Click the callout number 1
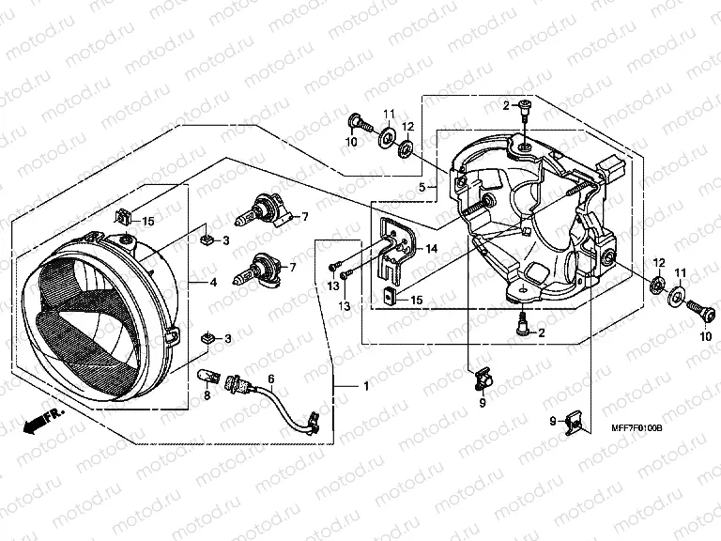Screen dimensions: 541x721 coord(366,387)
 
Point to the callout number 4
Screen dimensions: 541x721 coord(214,282)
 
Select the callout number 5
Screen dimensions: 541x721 coord(422,188)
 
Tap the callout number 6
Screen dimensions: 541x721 coord(271,379)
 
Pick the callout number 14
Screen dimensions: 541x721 coord(432,248)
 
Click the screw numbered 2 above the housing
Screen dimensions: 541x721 coord(523,114)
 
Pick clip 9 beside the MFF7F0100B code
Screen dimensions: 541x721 coord(578,423)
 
